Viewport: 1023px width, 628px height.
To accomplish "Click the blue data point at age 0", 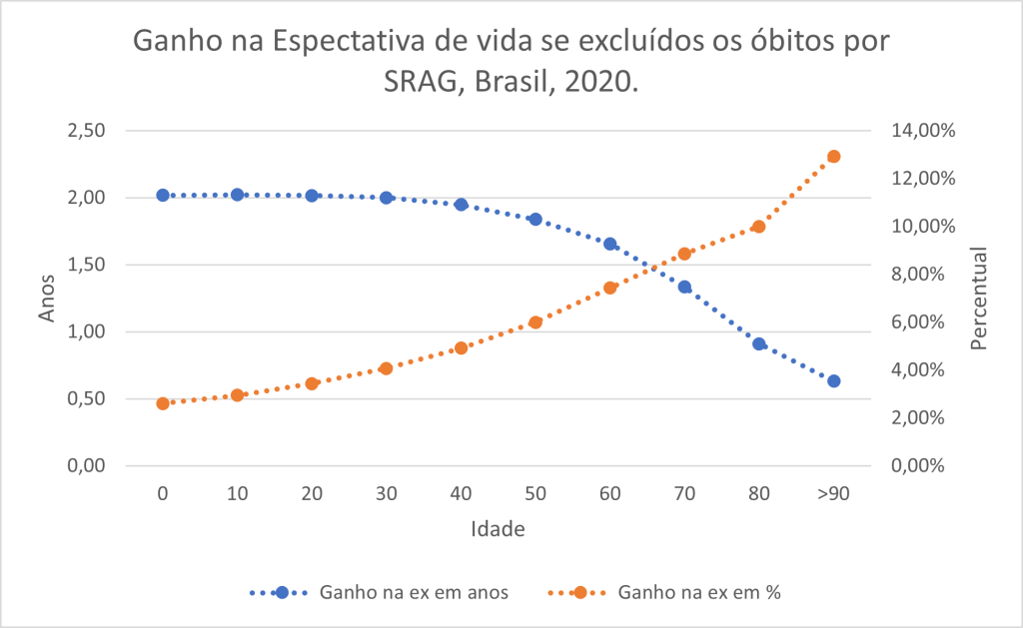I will tap(163, 196).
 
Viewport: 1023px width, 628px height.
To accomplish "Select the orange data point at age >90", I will tap(834, 157).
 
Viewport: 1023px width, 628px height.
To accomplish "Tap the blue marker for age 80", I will tap(759, 344).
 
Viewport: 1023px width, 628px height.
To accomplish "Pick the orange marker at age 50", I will tap(535, 322).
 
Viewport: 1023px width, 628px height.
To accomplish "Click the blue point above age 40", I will tap(462, 205).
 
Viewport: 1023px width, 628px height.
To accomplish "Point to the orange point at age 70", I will tap(684, 254).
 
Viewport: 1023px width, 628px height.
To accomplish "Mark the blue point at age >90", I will tap(834, 381).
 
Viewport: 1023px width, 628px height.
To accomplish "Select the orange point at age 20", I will tap(312, 383).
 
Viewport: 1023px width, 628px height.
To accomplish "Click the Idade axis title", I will tap(498, 529).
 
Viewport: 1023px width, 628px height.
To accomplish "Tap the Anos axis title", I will tap(48, 298).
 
